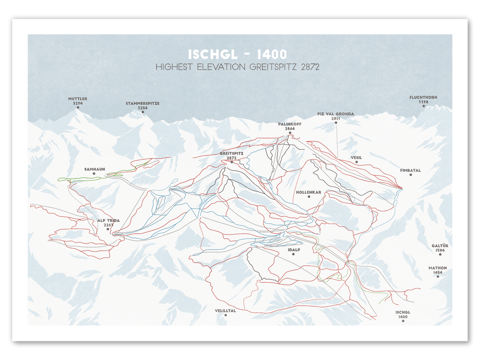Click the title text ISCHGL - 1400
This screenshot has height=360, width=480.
(x=237, y=54)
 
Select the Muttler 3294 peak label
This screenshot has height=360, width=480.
(x=78, y=101)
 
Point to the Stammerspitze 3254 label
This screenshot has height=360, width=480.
(x=143, y=106)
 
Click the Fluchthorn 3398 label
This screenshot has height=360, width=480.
(x=423, y=100)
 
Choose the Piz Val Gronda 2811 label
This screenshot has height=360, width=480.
(x=336, y=116)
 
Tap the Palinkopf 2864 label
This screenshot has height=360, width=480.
(x=290, y=126)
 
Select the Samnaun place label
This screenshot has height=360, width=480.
(x=95, y=169)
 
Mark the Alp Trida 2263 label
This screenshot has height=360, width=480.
(x=108, y=222)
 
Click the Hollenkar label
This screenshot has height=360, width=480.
(x=309, y=192)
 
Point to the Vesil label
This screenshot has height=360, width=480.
(x=356, y=158)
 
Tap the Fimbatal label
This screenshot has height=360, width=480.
(x=410, y=171)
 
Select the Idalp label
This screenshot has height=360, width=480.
(x=294, y=250)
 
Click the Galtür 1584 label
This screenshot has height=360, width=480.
(x=438, y=248)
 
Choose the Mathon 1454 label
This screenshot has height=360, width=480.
(x=438, y=270)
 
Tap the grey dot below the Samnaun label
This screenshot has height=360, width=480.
(x=94, y=174)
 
